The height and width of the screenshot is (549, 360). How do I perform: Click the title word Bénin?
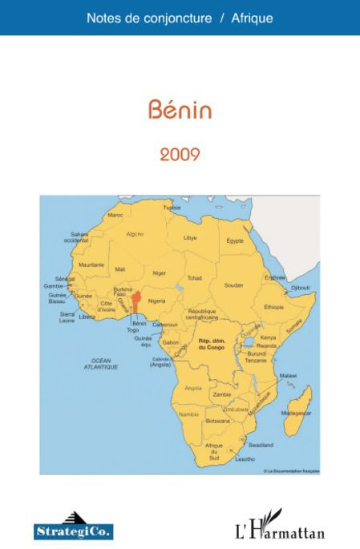point(180,111)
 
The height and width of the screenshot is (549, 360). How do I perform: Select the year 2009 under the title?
point(180,154)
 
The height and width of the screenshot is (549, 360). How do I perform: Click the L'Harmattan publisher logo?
point(279,527)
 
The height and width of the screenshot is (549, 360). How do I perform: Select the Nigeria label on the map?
point(157,301)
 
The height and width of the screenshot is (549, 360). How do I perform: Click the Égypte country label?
point(235,240)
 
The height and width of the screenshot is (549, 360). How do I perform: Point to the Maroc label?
point(115,215)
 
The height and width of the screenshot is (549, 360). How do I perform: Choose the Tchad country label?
point(194,278)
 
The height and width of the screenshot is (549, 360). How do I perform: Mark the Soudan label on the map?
point(233,285)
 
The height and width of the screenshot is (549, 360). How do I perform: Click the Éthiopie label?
point(273,307)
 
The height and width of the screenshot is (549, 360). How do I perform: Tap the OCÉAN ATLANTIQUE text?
point(101,363)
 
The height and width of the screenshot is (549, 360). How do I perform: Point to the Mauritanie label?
point(91,264)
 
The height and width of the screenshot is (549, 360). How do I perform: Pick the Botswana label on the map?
point(217,420)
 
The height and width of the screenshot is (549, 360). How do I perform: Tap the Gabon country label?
point(170,342)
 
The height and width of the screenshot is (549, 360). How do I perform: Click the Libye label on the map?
point(190,238)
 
